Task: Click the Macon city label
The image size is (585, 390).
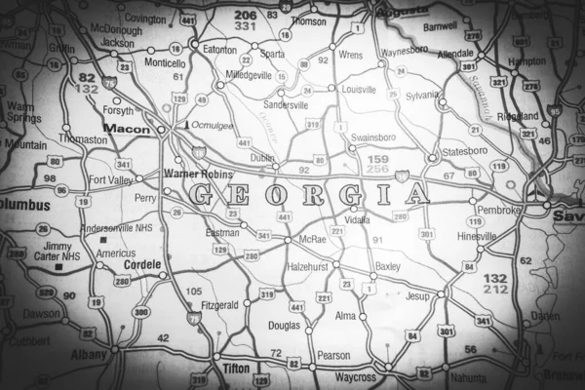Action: click(x=126, y=128)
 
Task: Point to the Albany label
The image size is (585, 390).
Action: click(x=89, y=355)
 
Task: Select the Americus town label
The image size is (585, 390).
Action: click(x=114, y=253)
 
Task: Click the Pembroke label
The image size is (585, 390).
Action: click(x=498, y=210)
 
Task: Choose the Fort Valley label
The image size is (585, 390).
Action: click(x=108, y=179)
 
